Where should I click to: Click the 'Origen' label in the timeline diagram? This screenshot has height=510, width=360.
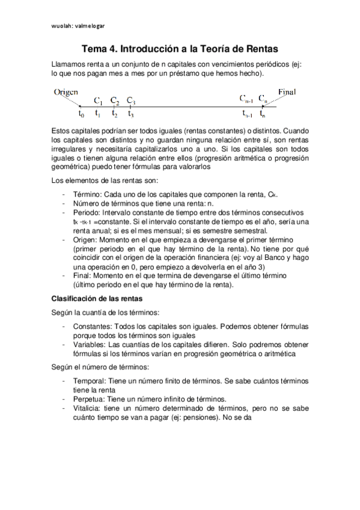pos(66,92)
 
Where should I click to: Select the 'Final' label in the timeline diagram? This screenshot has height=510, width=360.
pos(291,91)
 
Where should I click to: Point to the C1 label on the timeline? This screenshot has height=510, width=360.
pos(99,101)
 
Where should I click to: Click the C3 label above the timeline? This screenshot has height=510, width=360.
pos(131,101)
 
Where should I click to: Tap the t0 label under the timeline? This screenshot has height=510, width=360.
pos(82,114)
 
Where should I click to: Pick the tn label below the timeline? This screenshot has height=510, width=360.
pos(262,114)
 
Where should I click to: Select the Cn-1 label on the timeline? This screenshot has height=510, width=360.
pos(246,98)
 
